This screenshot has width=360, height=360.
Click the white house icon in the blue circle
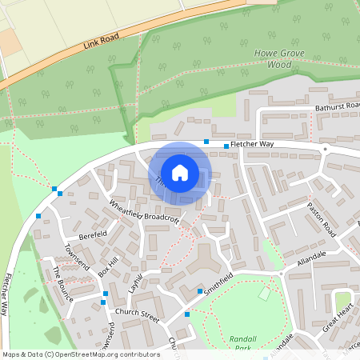pos(180,172)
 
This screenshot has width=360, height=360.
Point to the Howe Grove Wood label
pos(267,58)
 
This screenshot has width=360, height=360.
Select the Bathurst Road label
pos(338,106)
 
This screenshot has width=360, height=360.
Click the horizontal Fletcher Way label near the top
pos(252,145)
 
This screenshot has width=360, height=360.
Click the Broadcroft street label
pos(162,217)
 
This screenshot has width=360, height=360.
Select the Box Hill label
pos(107,266)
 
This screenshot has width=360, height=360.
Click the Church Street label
pos(138,312)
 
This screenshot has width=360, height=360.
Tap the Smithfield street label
pos(218,283)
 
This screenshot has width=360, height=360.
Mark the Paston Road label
pos(322,215)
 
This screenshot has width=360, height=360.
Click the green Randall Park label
pos(241,343)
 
